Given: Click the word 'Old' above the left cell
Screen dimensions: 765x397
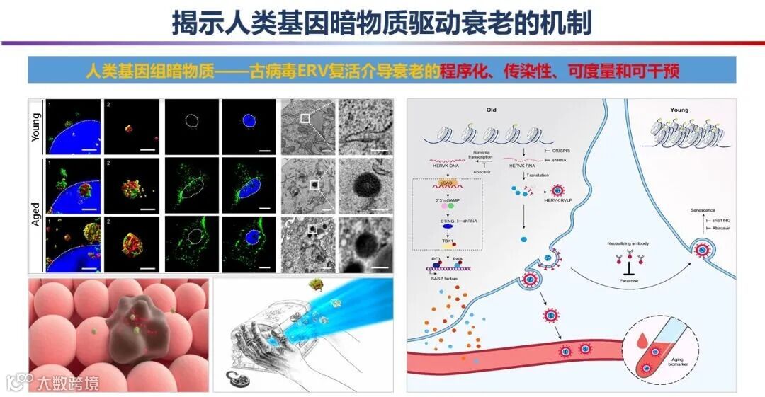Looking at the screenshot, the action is pyautogui.click(x=492, y=110).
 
